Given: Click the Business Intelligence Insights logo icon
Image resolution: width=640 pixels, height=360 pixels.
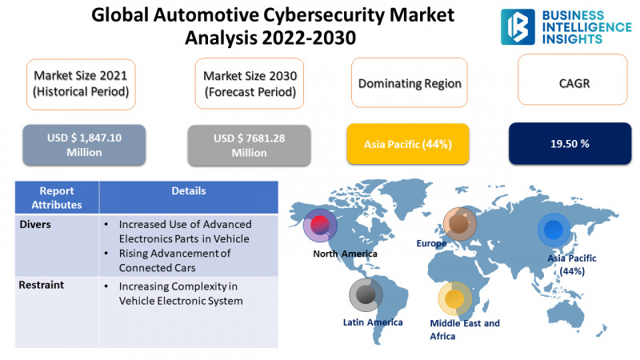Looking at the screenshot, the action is click(x=518, y=27).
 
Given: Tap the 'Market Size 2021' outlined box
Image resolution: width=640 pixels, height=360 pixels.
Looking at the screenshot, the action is click(x=81, y=84).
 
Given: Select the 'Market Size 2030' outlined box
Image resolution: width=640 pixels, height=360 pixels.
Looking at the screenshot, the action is click(x=250, y=83).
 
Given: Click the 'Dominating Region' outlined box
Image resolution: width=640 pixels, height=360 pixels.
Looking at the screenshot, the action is click(x=410, y=82).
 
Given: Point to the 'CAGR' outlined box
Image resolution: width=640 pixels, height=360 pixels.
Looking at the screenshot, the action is click(x=573, y=79).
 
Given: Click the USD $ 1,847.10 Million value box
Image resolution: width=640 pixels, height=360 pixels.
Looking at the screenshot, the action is click(x=84, y=145).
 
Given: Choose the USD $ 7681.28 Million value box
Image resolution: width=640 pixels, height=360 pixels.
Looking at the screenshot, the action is click(x=249, y=146).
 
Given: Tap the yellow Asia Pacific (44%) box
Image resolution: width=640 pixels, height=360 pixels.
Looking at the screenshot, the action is click(x=408, y=144).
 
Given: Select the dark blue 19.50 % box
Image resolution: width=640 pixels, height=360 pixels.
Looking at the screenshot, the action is click(x=570, y=143).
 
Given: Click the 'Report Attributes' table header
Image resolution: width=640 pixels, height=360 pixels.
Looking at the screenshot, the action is click(x=57, y=198).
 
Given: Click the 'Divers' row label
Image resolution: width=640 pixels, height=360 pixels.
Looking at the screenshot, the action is click(x=35, y=225).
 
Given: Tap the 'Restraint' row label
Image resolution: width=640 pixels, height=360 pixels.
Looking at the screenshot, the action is click(x=42, y=285).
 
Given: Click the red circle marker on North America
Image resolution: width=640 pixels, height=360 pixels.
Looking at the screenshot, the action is click(x=320, y=226).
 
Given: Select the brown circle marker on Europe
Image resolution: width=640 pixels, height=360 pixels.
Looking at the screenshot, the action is click(x=459, y=224).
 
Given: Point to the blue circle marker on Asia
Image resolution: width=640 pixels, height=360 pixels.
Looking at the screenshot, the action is click(x=554, y=230).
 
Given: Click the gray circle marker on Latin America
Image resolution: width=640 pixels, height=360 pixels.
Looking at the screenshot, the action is click(x=366, y=294).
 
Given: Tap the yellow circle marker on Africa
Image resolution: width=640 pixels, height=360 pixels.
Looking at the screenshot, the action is click(x=454, y=298).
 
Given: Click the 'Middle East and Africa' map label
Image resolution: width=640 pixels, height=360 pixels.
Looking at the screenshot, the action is click(x=465, y=330).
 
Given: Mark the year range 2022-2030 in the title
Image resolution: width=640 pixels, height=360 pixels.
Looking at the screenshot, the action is click(x=309, y=38).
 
